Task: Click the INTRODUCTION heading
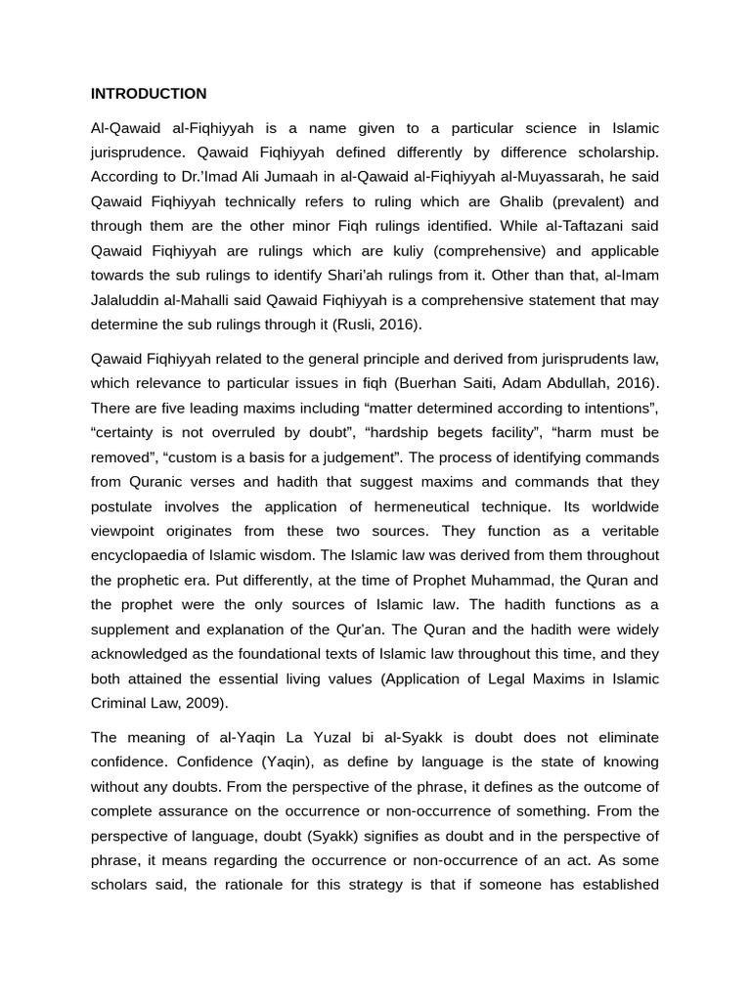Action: [x=149, y=94]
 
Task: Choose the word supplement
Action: [x=134, y=629]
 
